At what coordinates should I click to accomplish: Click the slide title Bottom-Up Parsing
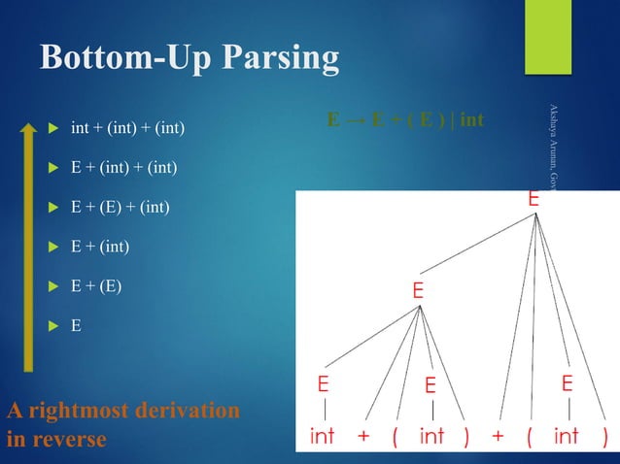[x=189, y=59]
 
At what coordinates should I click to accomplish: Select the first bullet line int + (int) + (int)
[x=127, y=128]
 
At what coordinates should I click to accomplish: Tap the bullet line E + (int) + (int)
[x=123, y=168]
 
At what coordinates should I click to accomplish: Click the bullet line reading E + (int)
[x=100, y=248]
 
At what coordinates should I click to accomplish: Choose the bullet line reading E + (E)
[x=96, y=287]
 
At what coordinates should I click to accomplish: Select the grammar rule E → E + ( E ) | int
[x=405, y=122]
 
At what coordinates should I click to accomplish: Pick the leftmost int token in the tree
[x=323, y=437]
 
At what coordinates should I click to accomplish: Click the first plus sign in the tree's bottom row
[x=363, y=437]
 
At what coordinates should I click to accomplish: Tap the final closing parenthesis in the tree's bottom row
[x=605, y=437]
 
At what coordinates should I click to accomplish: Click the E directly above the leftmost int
[x=323, y=384]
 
